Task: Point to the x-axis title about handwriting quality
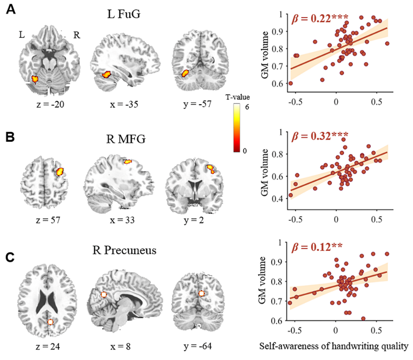click(334, 346)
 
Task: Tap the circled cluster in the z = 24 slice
click(51, 322)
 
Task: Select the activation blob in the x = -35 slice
click(106, 74)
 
